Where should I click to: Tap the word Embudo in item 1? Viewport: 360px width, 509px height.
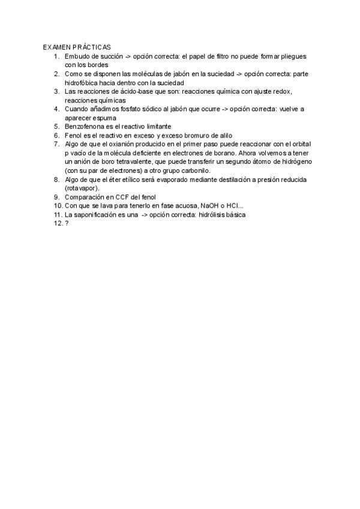click(x=77, y=56)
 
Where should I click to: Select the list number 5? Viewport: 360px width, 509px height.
click(x=56, y=127)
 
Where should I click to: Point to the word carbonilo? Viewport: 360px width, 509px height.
click(x=192, y=170)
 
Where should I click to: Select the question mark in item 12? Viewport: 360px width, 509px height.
click(x=67, y=223)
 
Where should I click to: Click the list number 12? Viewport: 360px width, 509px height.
click(x=56, y=223)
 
